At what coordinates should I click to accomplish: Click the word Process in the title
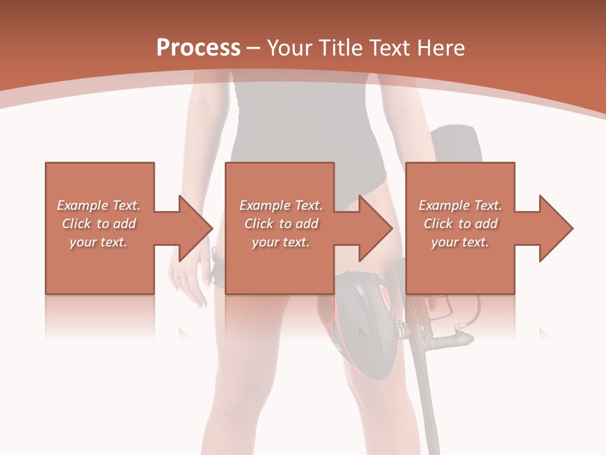(198, 47)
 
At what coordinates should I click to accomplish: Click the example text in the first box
(99, 224)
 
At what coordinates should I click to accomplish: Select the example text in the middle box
(280, 224)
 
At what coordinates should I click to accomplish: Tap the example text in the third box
(460, 224)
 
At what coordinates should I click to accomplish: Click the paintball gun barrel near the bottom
(429, 404)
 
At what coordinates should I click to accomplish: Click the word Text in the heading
(391, 47)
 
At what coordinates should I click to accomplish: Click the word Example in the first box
(82, 205)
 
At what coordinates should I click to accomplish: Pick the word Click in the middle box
(258, 224)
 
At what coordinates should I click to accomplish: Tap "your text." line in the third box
(460, 242)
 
